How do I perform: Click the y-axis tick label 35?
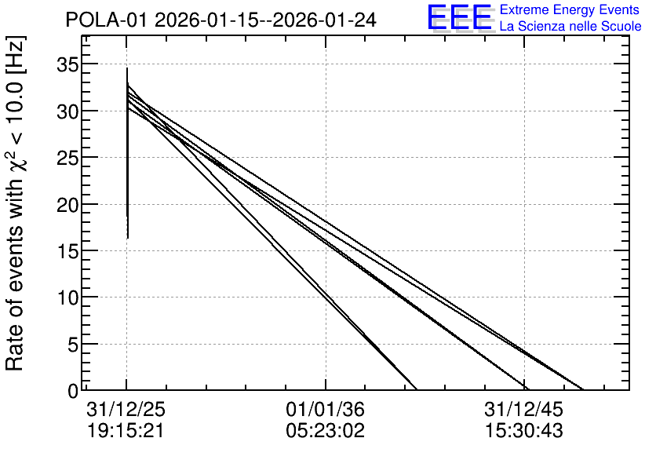tap(67, 65)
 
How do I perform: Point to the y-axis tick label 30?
tap(67, 111)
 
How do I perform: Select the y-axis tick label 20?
tap(67, 205)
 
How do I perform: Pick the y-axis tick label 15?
tap(67, 251)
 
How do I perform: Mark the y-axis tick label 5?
tap(73, 345)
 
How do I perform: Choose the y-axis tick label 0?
tap(73, 391)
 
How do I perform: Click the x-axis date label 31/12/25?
tap(126, 409)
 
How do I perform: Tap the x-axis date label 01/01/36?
tap(325, 409)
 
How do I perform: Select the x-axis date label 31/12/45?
tap(524, 409)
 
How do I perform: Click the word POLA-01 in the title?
tap(107, 20)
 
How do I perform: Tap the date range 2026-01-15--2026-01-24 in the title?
tap(266, 20)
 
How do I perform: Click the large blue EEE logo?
tap(460, 17)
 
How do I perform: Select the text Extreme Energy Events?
tap(570, 10)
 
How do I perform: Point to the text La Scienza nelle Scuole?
tap(570, 27)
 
